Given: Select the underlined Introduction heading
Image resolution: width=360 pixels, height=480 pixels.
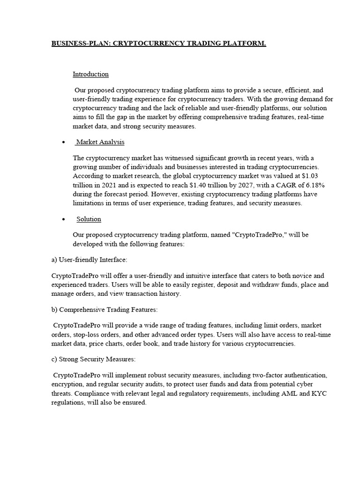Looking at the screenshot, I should pos(90,74).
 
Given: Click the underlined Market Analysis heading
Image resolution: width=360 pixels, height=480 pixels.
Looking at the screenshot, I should pos(100,142).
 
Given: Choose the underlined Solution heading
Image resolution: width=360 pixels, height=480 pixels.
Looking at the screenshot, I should pos(89,219).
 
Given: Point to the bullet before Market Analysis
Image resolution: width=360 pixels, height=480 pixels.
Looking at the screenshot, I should pos(63,142).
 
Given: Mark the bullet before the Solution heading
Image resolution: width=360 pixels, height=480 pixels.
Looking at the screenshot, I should pos(63,220).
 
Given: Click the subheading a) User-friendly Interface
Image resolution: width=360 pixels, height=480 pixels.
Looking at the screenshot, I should pos(89,260).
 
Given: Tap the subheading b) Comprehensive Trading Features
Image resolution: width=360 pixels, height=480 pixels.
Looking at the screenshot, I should pos(105,309).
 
